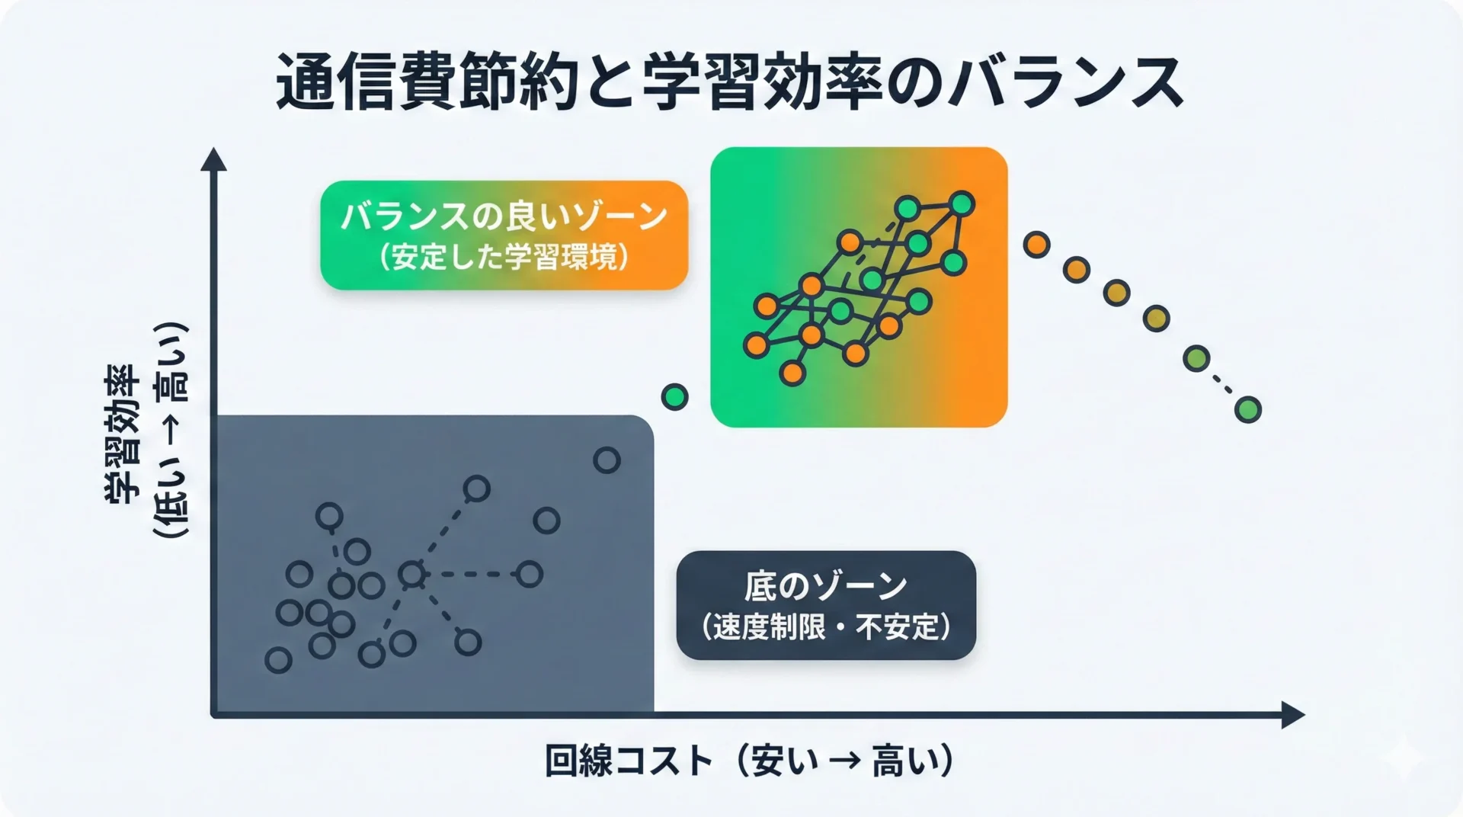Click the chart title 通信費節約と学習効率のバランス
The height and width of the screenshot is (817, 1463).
(x=729, y=82)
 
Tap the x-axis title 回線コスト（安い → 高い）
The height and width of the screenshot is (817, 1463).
(x=750, y=760)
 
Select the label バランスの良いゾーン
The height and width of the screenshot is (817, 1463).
(x=504, y=217)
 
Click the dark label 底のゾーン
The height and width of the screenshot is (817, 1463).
(x=825, y=586)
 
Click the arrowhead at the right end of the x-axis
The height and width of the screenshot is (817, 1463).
(x=1294, y=715)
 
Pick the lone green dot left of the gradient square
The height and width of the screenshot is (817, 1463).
(x=674, y=396)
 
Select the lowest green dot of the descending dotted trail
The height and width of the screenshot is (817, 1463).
(x=1247, y=410)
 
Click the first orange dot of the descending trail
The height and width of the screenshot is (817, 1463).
(x=1036, y=245)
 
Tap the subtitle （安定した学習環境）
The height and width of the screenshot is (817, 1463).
(x=504, y=258)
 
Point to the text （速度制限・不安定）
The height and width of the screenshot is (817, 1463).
(x=825, y=627)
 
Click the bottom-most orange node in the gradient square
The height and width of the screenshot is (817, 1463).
(x=792, y=373)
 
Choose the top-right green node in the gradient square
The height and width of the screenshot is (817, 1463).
(x=962, y=204)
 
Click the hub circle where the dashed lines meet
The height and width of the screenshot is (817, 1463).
(x=411, y=574)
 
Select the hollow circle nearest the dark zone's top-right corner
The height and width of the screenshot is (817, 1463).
(x=607, y=460)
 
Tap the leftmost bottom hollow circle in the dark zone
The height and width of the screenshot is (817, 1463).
(x=278, y=660)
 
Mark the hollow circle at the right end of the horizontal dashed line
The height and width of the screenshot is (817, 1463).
(x=529, y=574)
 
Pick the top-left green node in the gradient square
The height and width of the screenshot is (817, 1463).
(x=908, y=207)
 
